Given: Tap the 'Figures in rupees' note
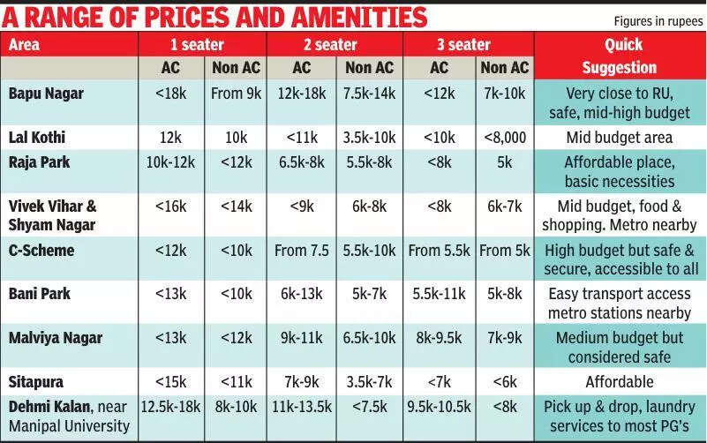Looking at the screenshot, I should pyautogui.click(x=656, y=20).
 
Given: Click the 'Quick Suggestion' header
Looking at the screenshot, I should pyautogui.click(x=620, y=56).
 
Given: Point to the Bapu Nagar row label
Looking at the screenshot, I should pyautogui.click(x=46, y=93).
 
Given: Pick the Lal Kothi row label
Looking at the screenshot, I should pyautogui.click(x=37, y=137).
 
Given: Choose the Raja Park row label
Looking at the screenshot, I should pyautogui.click(x=40, y=161).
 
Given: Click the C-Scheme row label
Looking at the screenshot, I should pyautogui.click(x=41, y=250).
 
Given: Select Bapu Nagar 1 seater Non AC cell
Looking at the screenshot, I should pyautogui.click(x=237, y=93).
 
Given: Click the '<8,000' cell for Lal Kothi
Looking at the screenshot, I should pyautogui.click(x=505, y=137).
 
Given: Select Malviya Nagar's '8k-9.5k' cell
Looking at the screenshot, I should pyautogui.click(x=439, y=337).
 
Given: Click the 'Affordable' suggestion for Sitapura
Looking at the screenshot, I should pyautogui.click(x=620, y=381).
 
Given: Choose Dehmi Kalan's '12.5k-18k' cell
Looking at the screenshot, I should pyautogui.click(x=171, y=406).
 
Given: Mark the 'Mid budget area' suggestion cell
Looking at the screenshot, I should pyautogui.click(x=620, y=137).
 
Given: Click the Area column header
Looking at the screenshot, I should pyautogui.click(x=26, y=44).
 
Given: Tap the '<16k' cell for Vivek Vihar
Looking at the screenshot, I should pyautogui.click(x=171, y=206).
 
